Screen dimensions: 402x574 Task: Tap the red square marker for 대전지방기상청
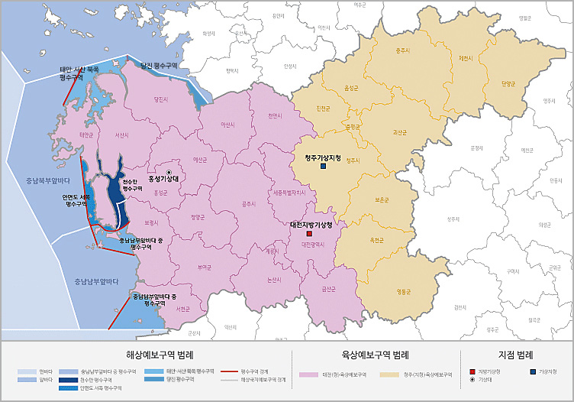pos(309,233)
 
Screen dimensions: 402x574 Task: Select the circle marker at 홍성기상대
pos(169,172)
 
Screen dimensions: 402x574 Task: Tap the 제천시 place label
pos(466,58)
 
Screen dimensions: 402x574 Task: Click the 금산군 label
pos(329,288)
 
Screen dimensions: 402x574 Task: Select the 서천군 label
pos(182,309)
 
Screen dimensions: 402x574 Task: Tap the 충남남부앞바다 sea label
pos(95,281)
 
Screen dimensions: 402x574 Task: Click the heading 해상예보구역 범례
pos(160,355)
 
